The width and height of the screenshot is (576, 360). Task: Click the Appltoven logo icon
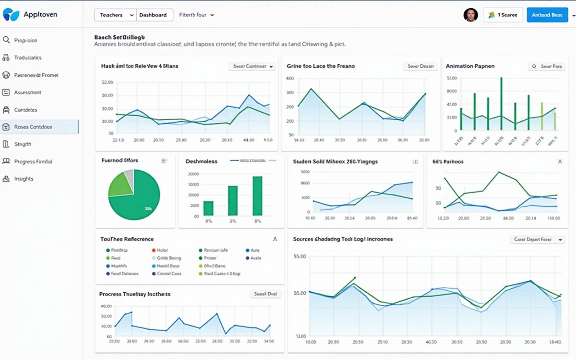pyautogui.click(x=11, y=14)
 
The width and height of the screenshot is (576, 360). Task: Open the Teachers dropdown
pyautogui.click(x=116, y=15)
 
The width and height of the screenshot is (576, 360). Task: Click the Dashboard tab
pyautogui.click(x=153, y=15)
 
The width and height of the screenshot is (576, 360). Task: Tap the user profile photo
pyautogui.click(x=470, y=15)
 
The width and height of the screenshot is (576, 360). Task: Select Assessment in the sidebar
pyautogui.click(x=27, y=93)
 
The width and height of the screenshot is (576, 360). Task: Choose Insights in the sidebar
pyautogui.click(x=23, y=179)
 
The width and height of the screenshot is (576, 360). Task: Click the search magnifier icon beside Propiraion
pyautogui.click(x=6, y=40)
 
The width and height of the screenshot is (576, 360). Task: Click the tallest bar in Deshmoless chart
pyautogui.click(x=257, y=196)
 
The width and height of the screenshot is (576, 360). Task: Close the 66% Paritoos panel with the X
pyautogui.click(x=560, y=161)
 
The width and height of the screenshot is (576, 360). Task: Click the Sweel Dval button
pyautogui.click(x=265, y=294)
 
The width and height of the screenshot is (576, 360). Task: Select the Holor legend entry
pyautogui.click(x=162, y=250)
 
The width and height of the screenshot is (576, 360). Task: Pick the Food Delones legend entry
pyautogui.click(x=124, y=274)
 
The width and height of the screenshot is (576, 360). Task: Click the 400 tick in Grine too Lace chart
pyautogui.click(x=290, y=78)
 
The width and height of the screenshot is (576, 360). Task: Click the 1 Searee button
pyautogui.click(x=503, y=15)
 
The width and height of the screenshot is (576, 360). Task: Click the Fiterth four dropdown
pyautogui.click(x=196, y=15)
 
